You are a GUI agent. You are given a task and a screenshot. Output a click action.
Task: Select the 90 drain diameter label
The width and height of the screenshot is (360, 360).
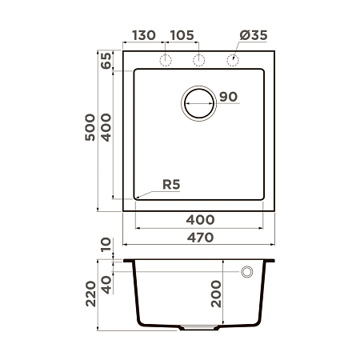(228, 98)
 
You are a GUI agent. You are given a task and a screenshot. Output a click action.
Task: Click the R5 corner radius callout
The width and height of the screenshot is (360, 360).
(171, 185)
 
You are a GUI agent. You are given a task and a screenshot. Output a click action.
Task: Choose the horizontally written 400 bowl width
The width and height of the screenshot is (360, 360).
(200, 219)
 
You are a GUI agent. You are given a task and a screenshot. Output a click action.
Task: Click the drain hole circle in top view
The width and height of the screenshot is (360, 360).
(199, 103)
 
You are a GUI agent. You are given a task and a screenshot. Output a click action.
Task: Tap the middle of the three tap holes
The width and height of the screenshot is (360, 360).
(200, 62)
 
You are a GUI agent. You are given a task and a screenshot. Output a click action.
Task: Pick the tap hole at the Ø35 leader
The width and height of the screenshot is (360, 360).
(233, 62)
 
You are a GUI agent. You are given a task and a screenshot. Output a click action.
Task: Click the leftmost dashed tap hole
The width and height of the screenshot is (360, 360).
(166, 62)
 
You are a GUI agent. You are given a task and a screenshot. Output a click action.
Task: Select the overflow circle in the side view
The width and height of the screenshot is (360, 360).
(246, 272)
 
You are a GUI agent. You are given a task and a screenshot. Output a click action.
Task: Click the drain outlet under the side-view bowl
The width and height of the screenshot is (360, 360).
(200, 328)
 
